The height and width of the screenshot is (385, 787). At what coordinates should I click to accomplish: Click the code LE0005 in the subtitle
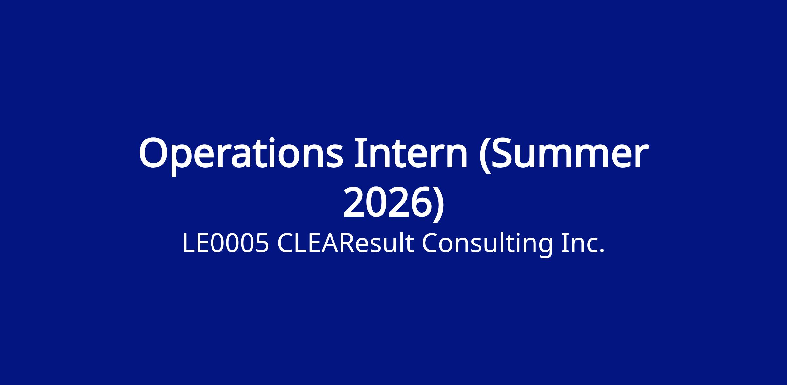pyautogui.click(x=226, y=244)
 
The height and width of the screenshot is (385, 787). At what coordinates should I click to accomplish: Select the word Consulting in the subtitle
pyautogui.click(x=487, y=245)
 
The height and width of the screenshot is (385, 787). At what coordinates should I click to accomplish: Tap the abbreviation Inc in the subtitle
pyautogui.click(x=580, y=244)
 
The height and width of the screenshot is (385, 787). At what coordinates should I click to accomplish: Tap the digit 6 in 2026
pyautogui.click(x=420, y=202)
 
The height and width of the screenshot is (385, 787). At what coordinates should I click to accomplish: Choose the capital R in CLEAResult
pyautogui.click(x=348, y=244)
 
